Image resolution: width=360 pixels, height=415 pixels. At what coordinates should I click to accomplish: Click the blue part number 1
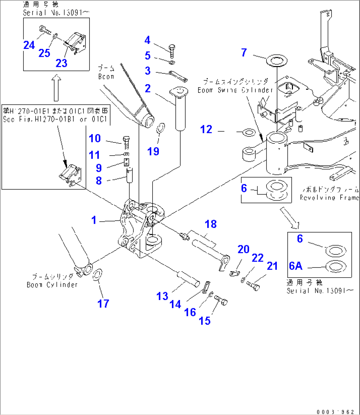pos(94,220)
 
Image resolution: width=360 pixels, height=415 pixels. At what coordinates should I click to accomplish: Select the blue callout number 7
pos(244,53)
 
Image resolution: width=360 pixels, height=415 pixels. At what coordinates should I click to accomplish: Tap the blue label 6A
pos(296,266)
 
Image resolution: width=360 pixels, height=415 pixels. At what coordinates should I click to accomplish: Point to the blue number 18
pos(210,224)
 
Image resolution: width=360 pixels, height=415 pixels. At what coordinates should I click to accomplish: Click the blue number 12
pos(206,129)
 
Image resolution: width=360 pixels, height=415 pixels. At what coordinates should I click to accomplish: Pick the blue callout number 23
pos(61,63)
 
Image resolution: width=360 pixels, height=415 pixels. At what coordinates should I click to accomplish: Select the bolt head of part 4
pos(172,47)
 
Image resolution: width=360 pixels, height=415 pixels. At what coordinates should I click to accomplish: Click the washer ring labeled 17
pos(98,275)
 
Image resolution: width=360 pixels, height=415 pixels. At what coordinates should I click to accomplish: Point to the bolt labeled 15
pos(222,301)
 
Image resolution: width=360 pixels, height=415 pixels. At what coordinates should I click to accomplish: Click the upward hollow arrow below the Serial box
pos(56,88)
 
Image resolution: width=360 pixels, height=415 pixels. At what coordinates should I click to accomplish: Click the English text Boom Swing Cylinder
pos(235,90)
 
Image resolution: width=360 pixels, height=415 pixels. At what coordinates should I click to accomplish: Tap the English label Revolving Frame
pos(329,198)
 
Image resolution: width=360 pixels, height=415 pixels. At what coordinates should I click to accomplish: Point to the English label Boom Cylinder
pos(52,285)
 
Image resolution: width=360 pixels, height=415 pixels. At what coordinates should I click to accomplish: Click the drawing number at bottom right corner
pos(335,411)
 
